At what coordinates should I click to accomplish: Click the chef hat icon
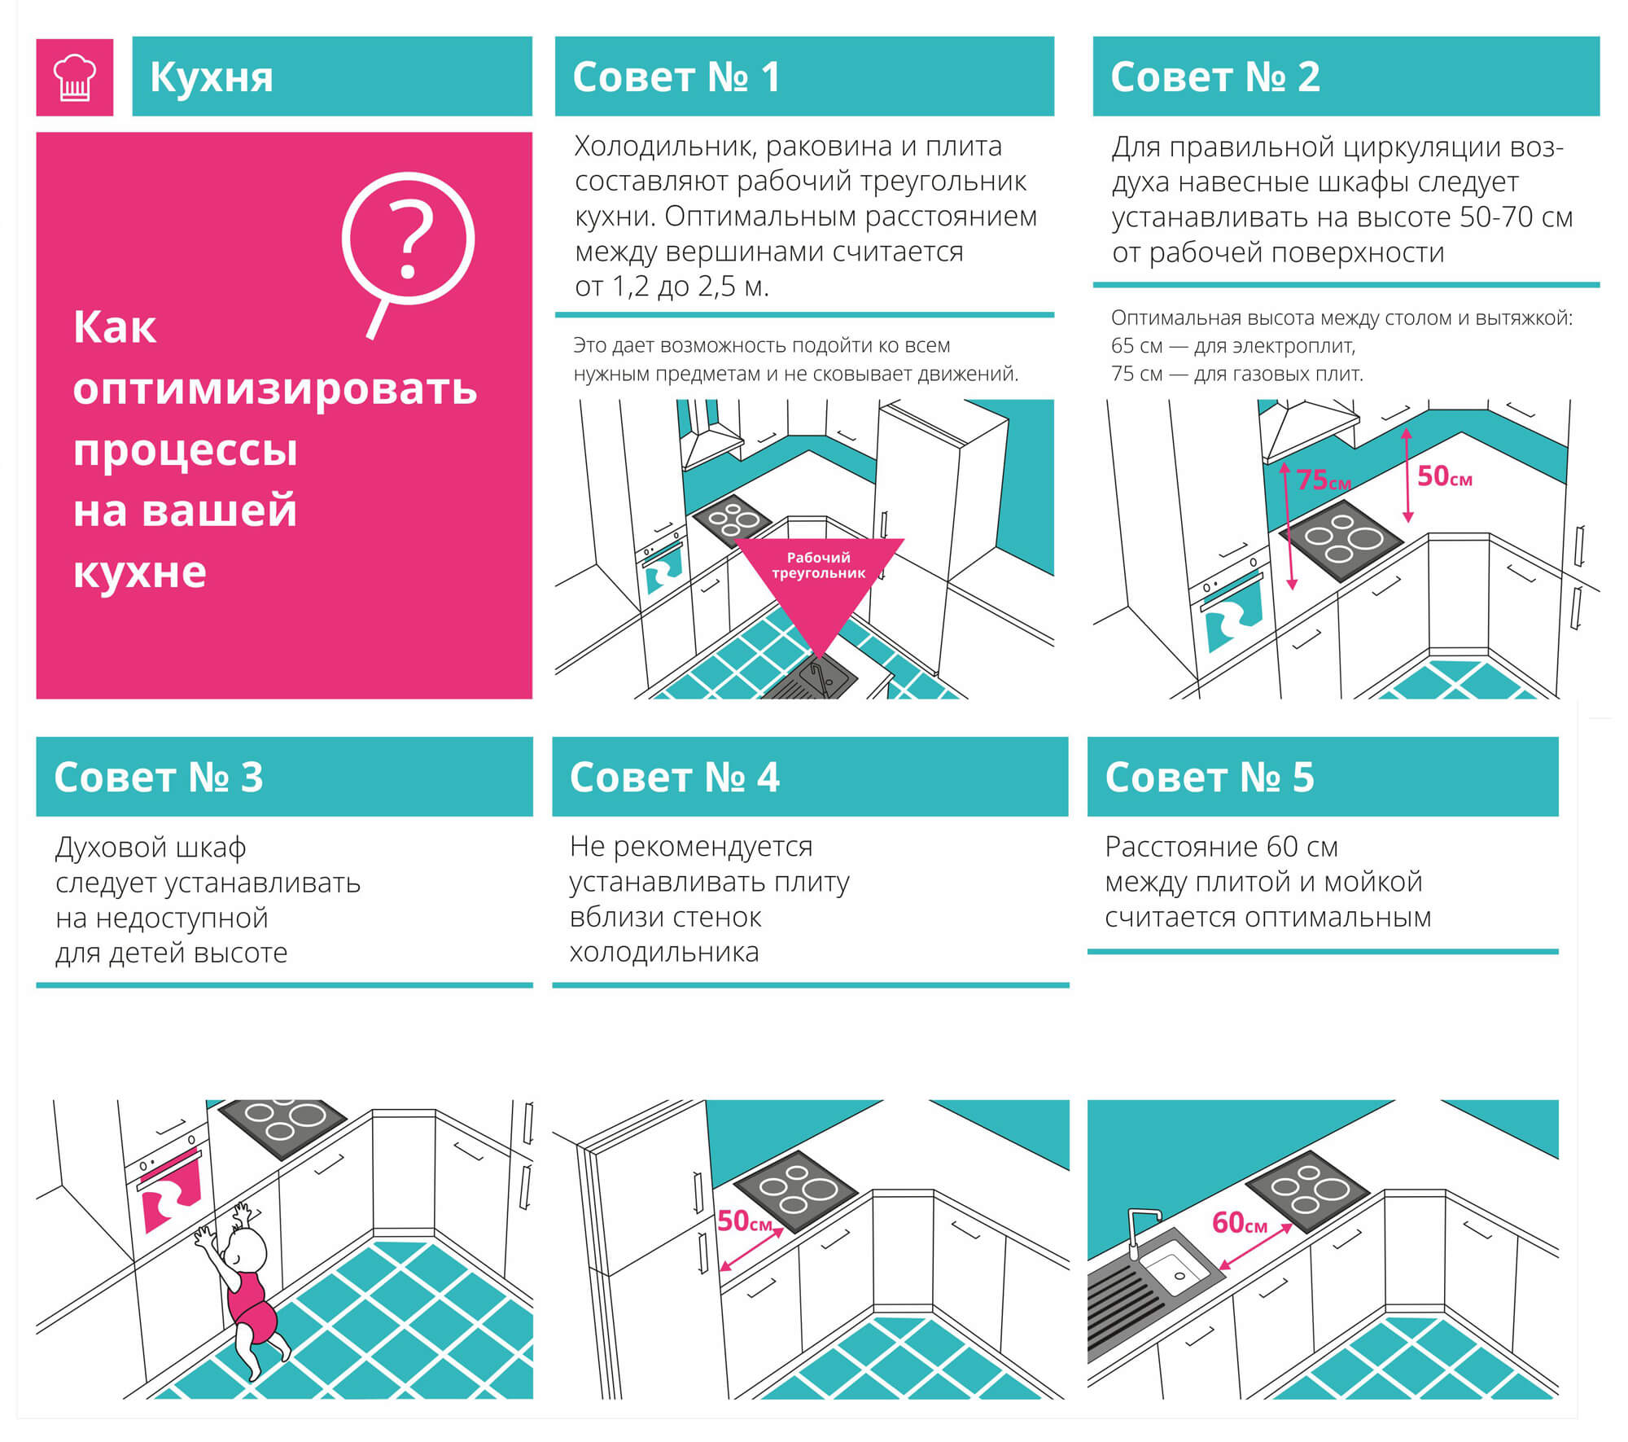[74, 77]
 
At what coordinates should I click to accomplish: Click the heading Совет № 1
[676, 77]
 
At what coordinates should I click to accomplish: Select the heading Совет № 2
[1214, 77]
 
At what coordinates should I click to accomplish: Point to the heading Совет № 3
[159, 777]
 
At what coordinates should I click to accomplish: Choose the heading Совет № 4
[675, 777]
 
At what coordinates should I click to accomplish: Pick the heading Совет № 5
[1210, 777]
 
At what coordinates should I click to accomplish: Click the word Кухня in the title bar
[212, 78]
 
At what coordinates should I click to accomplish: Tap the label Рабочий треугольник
[818, 565]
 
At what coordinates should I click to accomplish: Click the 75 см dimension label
[1324, 480]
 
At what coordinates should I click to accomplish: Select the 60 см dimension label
[1240, 1222]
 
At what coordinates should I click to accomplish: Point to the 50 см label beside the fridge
[745, 1221]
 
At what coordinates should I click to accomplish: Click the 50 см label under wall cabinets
[1445, 476]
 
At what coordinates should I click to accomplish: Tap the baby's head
[245, 1251]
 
